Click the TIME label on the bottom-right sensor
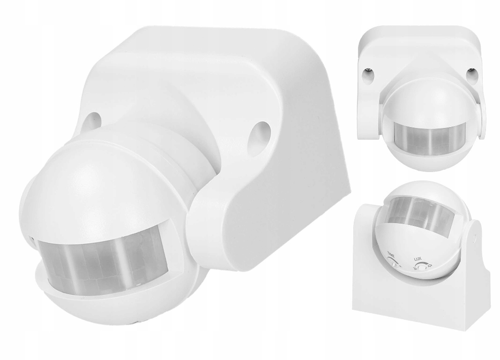pyautogui.click(x=390, y=255)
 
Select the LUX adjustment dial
pyautogui.click(x=423, y=267)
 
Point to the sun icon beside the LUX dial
pyautogui.click(x=431, y=264)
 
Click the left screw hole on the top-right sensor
pyautogui.click(x=368, y=73)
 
